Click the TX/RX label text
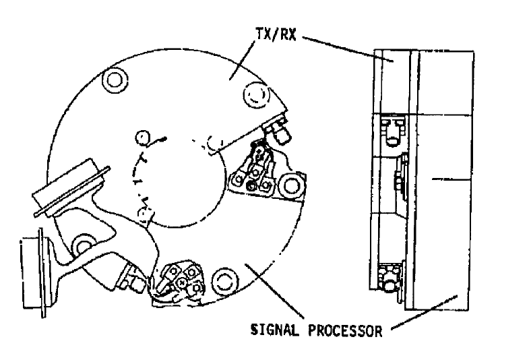pyautogui.click(x=276, y=34)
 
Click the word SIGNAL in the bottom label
pyautogui.click(x=275, y=329)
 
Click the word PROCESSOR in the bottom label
pyautogui.click(x=345, y=330)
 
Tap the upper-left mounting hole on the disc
pyautogui.click(x=115, y=80)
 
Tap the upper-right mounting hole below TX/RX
pyautogui.click(x=256, y=95)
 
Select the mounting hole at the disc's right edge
pyautogui.click(x=291, y=185)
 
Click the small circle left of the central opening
pyautogui.click(x=142, y=138)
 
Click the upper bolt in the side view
pyautogui.click(x=393, y=131)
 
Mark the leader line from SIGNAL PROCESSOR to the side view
pyautogui.click(x=424, y=313)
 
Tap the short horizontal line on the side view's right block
pyautogui.click(x=451, y=179)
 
